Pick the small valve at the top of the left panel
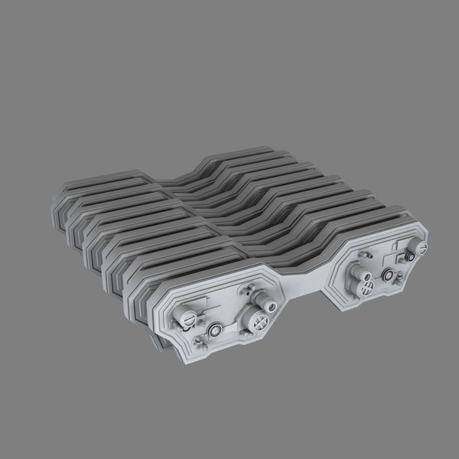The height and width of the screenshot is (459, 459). [248, 291]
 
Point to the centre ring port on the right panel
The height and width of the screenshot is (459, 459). [388, 275]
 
